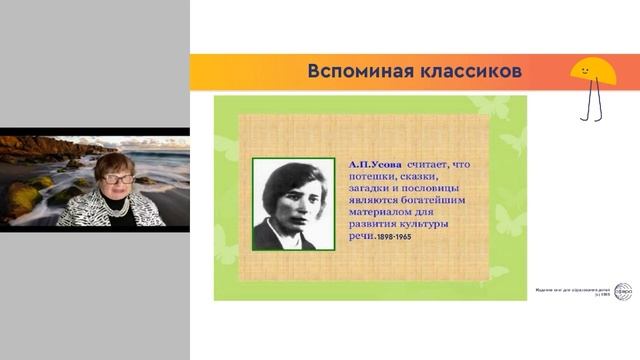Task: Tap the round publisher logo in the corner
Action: (622, 291)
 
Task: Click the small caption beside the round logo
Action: (577, 291)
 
